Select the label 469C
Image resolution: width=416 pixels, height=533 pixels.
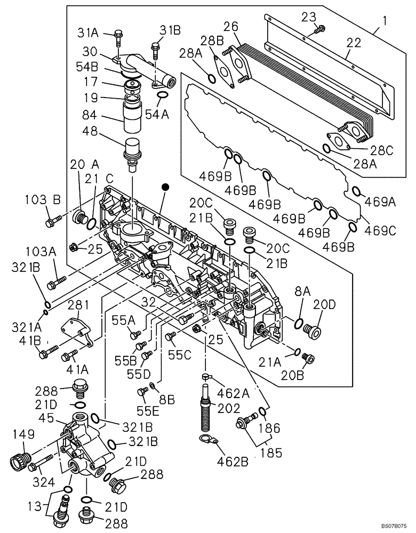(x=380, y=230)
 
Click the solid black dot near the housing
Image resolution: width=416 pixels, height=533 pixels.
(x=166, y=187)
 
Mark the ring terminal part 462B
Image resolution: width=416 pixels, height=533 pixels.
(x=207, y=440)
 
